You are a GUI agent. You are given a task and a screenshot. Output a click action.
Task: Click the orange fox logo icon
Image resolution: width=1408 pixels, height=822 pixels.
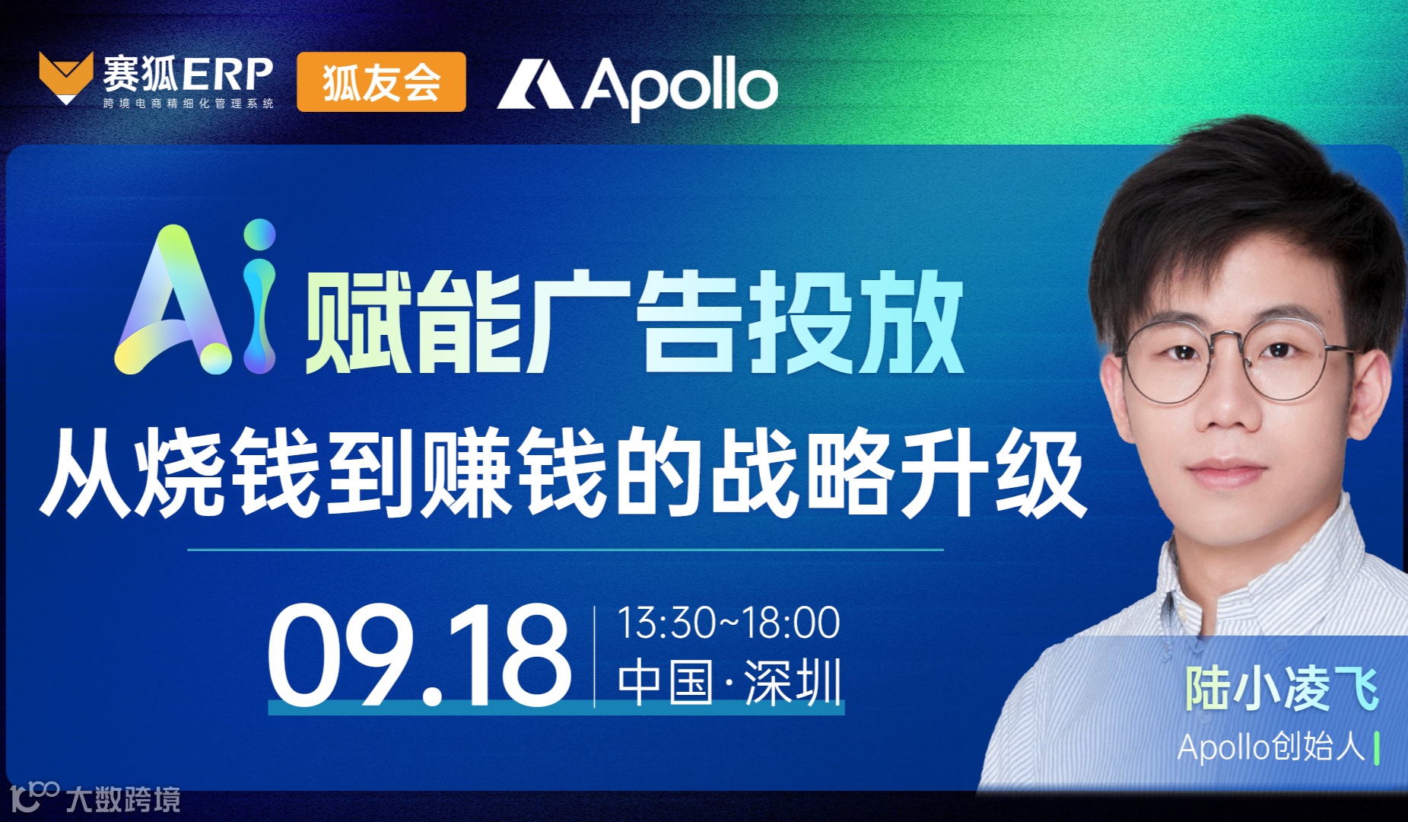[x=66, y=77]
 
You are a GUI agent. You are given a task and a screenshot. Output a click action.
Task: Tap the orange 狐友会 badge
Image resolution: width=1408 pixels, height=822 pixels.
[x=381, y=82]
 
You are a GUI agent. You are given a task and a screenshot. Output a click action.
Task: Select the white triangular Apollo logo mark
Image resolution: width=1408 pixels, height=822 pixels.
[x=535, y=84]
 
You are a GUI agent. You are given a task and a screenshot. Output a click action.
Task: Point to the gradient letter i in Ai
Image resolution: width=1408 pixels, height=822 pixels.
[x=260, y=297]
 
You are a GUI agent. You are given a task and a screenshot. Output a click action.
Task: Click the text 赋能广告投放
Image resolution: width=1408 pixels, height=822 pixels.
[x=634, y=323]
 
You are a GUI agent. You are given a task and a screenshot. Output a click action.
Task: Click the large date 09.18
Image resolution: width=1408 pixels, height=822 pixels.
[x=419, y=655]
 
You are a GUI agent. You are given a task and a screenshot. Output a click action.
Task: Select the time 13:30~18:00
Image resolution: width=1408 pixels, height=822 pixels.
[x=728, y=623]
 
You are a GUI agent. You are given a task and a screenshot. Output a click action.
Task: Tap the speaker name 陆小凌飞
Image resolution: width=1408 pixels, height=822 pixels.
[x=1282, y=690]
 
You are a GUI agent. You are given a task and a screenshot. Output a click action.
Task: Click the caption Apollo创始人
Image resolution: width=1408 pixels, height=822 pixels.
[x=1271, y=747]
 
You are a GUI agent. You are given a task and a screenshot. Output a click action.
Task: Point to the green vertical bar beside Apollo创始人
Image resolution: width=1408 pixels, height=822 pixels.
[x=1378, y=747]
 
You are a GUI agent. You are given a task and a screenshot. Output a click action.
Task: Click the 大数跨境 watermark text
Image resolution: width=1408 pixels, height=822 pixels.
[x=124, y=799]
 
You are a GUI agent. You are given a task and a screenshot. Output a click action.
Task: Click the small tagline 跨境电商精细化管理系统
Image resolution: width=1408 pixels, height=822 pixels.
[x=188, y=104]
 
